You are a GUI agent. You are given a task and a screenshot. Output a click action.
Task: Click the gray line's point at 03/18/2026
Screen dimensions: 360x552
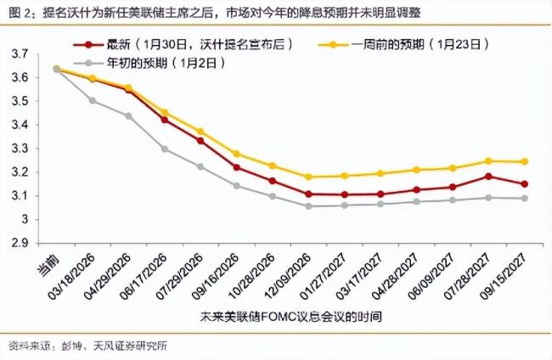(x=92, y=100)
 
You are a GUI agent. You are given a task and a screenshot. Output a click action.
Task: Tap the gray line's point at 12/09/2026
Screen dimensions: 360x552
(x=307, y=205)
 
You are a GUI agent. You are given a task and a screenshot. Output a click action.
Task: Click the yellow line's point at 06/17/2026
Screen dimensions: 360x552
(x=164, y=112)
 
